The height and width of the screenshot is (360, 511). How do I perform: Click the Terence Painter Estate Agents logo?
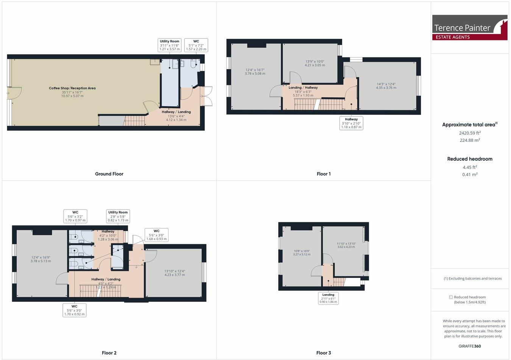469,28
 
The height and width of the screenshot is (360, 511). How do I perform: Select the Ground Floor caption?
109,174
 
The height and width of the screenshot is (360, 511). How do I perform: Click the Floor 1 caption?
324,174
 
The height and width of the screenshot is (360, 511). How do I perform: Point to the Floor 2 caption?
109,353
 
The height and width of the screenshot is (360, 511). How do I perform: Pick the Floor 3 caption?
324,353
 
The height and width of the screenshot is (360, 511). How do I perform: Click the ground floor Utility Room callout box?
169,45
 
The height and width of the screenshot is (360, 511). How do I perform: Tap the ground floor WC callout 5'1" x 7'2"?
196,45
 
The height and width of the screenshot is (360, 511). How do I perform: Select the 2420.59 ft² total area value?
469,133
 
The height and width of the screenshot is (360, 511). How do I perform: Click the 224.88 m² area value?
469,140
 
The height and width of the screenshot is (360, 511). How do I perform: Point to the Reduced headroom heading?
469,159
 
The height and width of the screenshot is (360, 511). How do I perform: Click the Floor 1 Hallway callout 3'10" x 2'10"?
351,123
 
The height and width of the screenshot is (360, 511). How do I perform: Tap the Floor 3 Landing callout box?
328,298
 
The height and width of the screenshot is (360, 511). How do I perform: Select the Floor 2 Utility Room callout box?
118,216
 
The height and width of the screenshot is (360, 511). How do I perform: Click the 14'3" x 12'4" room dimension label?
386,86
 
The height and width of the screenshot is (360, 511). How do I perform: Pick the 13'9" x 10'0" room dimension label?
315,63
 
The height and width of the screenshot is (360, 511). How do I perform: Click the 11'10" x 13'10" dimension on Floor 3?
346,245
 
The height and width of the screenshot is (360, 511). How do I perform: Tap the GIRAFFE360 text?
469,346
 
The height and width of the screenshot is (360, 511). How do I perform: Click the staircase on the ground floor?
135,121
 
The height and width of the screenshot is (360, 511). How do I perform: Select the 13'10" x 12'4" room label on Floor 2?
174,273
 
